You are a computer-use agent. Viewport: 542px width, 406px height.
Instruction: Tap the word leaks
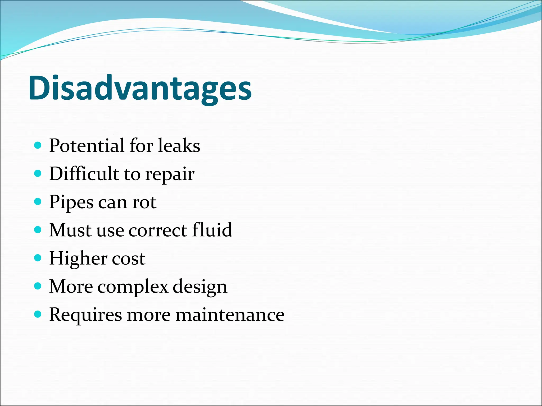click(179, 146)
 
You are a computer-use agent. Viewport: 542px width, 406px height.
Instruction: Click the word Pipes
click(71, 202)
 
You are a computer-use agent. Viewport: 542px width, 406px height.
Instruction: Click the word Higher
click(78, 259)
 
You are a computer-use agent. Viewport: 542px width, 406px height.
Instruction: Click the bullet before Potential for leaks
click(38, 145)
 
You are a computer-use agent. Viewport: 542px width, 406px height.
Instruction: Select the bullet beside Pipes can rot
click(38, 202)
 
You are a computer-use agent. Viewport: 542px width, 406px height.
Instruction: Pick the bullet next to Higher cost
click(38, 258)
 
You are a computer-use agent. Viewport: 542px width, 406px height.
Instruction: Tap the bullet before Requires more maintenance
click(38, 314)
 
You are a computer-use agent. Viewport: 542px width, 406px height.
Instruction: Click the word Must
click(70, 230)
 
